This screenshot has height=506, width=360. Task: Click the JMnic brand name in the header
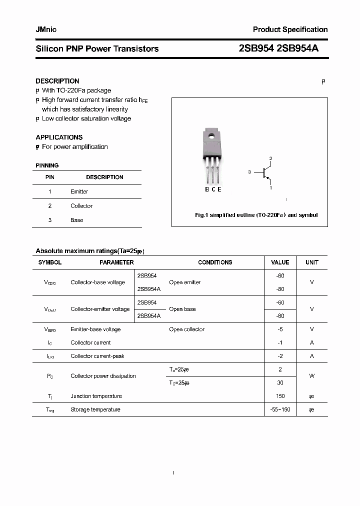(46, 29)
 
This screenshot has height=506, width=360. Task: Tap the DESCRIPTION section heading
(57, 81)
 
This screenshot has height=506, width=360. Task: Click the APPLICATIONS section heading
(59, 137)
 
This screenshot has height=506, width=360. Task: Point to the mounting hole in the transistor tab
(211, 134)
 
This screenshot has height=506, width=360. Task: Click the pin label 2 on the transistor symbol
(270, 158)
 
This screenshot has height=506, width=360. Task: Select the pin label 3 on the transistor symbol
(249, 172)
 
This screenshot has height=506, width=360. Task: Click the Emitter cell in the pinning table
(79, 191)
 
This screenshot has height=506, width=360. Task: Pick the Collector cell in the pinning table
(81, 206)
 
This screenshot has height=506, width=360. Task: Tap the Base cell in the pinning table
(77, 220)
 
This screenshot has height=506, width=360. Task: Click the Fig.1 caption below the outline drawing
(256, 215)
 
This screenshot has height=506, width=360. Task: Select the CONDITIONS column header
(215, 262)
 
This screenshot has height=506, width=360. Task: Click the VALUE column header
(280, 262)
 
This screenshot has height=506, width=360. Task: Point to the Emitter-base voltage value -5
(280, 329)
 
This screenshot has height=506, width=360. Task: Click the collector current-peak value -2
(280, 356)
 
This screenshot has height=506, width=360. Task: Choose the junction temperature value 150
(280, 396)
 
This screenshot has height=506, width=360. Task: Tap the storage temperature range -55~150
(280, 409)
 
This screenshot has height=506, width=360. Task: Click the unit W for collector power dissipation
(311, 376)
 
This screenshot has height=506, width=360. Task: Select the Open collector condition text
(186, 329)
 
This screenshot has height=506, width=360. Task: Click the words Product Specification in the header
(290, 29)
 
